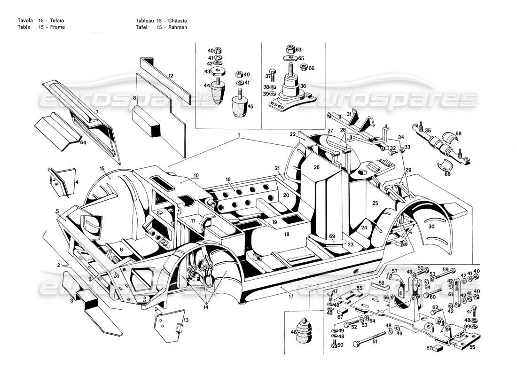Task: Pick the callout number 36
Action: [x=303, y=86]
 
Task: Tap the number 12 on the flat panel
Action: [x=171, y=75]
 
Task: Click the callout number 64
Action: [x=83, y=142]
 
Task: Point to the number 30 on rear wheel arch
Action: [x=431, y=226]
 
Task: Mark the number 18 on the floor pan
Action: [x=287, y=234]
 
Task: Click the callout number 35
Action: [x=427, y=130]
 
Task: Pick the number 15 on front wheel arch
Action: [x=102, y=168]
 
